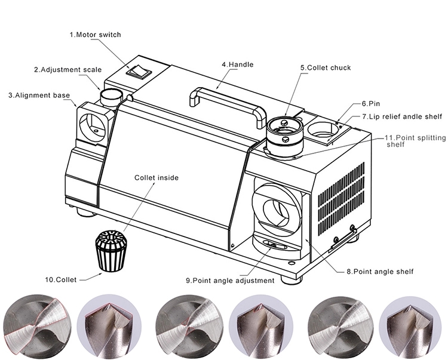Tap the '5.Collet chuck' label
point(325,68)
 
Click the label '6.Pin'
point(370,103)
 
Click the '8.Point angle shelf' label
point(379,272)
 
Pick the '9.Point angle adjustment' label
point(229,280)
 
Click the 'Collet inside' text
point(156,177)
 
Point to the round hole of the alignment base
point(94,125)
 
